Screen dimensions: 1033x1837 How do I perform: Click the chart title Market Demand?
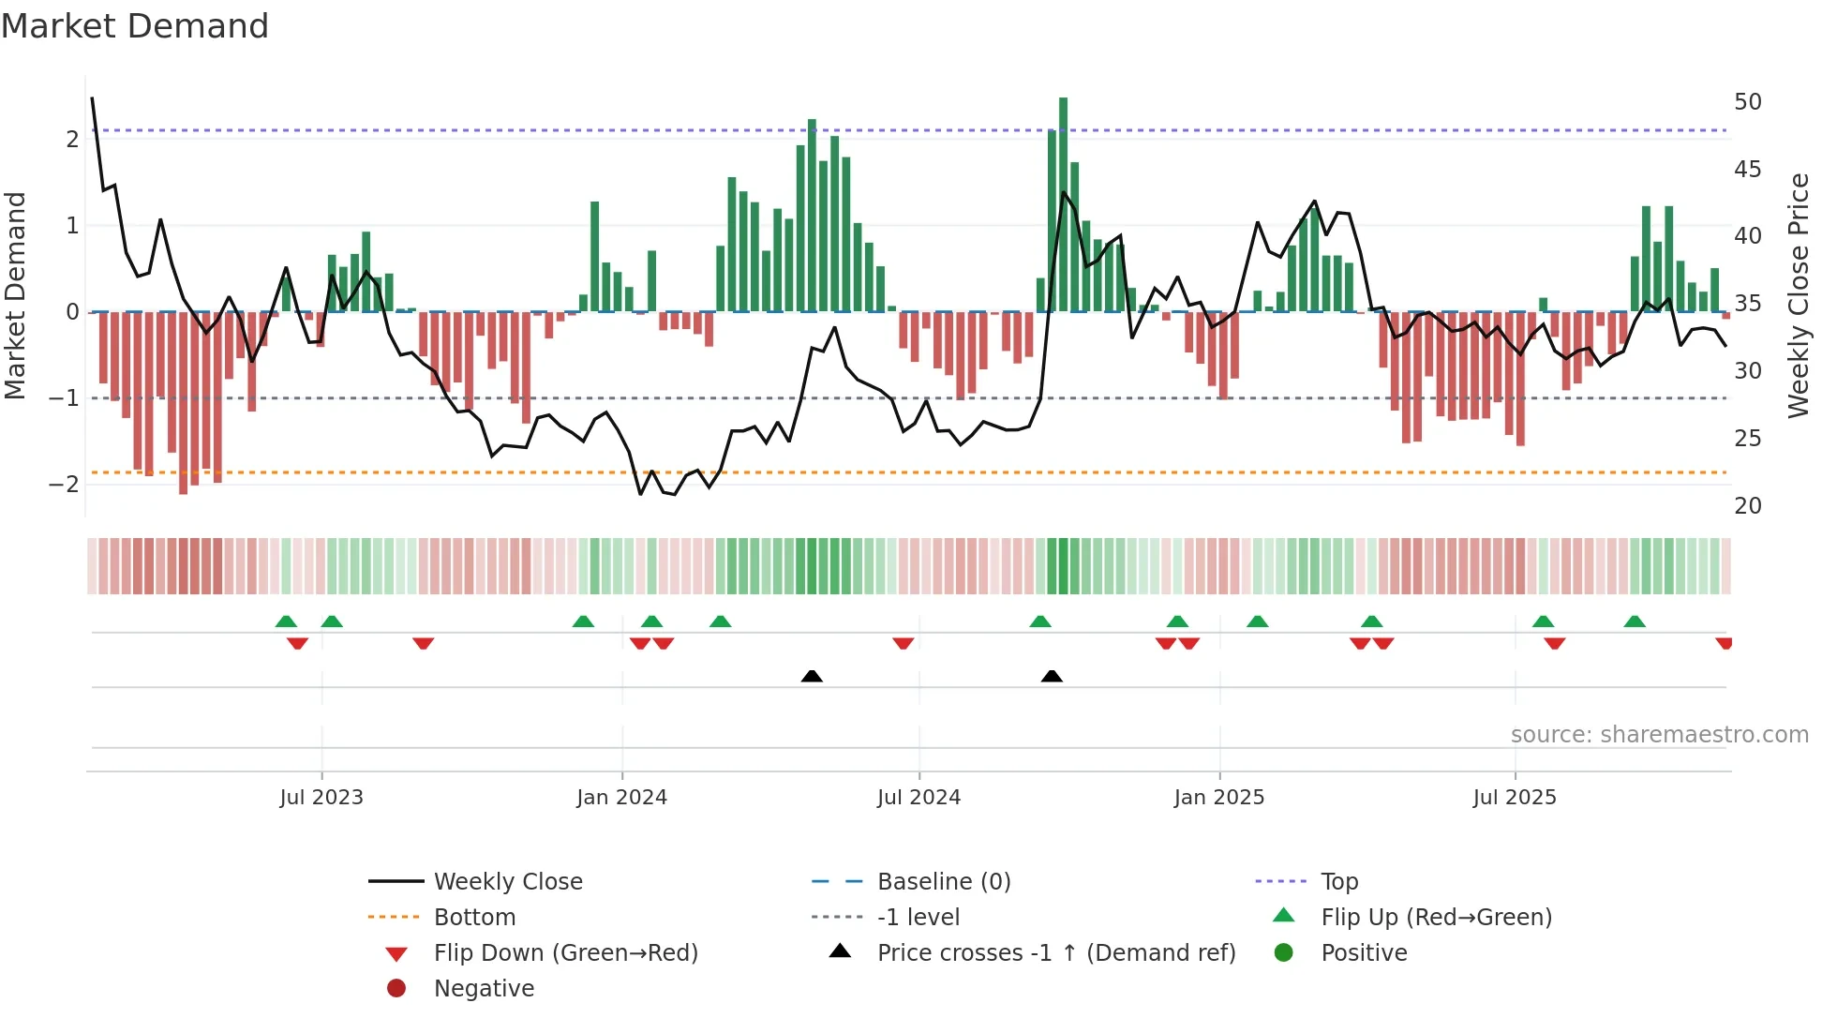135,26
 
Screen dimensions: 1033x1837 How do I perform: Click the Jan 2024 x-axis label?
621,798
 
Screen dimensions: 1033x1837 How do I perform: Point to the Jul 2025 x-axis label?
1514,798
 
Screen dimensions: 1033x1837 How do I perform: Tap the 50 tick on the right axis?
1747,102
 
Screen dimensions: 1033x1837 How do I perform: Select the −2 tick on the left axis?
64,485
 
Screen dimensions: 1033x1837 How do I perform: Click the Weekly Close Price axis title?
1798,295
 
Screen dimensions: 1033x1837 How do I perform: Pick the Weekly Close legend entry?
507,882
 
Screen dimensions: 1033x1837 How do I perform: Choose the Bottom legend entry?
474,918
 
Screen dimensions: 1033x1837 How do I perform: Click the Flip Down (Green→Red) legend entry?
565,953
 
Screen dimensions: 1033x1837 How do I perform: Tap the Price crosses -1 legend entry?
1055,953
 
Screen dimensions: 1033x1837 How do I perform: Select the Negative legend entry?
484,989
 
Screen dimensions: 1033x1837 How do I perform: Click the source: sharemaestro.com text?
1659,735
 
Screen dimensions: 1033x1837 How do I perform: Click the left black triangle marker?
812,677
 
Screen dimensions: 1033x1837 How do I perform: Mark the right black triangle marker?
1052,677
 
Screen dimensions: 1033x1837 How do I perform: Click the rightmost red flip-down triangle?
1724,643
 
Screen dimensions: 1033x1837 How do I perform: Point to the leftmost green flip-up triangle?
286,621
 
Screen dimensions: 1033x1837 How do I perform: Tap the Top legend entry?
1338,882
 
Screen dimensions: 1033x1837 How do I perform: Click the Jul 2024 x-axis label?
918,798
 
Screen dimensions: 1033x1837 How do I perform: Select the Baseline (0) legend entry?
943,882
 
